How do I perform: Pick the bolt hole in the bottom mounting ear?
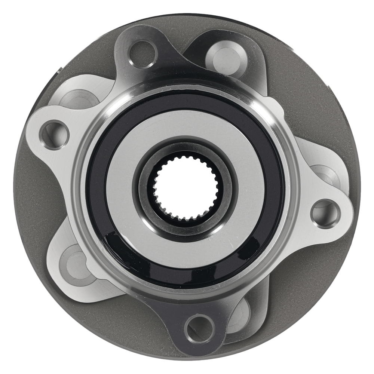pyautogui.click(x=200, y=329)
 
